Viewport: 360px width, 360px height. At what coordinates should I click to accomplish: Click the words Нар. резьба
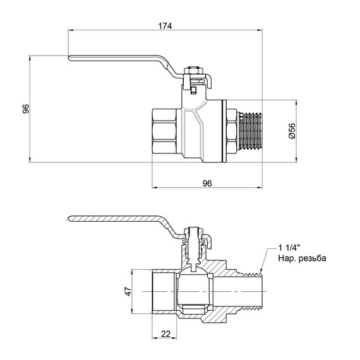point(299,259)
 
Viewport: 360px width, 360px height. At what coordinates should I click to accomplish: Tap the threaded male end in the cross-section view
point(253,291)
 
